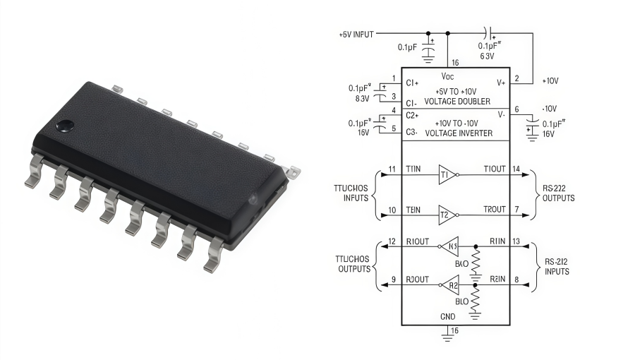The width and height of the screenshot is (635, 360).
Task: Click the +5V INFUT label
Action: point(356,34)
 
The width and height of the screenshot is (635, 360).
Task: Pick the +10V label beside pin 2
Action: point(550,81)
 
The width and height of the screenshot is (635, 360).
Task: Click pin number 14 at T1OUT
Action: point(518,169)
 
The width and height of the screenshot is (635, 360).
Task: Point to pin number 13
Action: point(518,241)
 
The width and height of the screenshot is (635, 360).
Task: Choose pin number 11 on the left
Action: point(392,169)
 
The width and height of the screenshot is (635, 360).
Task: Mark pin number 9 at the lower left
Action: point(393,280)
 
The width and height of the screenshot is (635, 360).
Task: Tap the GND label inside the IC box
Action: point(448,317)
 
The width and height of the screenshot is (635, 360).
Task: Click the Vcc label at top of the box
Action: point(448,76)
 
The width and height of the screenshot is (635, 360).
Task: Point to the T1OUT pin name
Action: point(495,169)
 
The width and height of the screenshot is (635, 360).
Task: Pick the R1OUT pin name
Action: point(418,241)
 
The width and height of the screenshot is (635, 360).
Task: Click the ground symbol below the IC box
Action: point(447,338)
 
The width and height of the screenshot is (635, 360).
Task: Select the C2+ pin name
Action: point(413,114)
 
